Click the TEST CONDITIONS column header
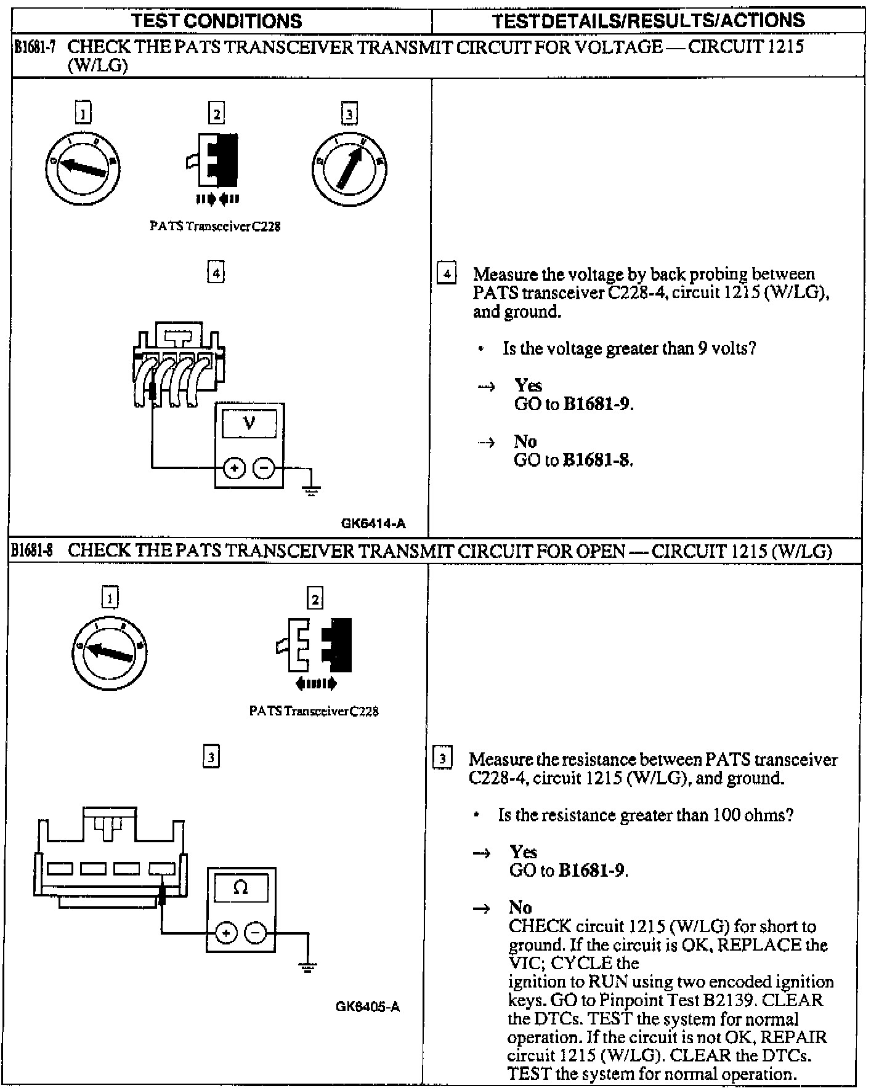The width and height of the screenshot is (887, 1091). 217,21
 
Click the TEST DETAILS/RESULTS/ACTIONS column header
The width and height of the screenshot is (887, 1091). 648,21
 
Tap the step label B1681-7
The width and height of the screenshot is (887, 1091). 35,47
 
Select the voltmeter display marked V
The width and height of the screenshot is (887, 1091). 249,423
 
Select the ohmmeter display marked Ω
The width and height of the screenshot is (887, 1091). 241,888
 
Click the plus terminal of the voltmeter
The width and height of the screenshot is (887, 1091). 233,469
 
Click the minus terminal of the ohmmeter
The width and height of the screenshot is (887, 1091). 256,933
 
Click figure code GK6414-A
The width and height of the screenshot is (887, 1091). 373,524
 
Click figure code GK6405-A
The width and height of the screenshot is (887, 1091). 368,1007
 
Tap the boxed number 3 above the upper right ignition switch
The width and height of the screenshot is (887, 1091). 349,114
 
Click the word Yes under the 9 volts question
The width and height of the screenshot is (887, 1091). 529,385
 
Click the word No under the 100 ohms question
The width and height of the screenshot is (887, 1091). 520,908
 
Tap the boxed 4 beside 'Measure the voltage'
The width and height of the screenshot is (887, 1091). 446,273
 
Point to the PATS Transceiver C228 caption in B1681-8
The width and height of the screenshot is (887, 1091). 314,711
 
